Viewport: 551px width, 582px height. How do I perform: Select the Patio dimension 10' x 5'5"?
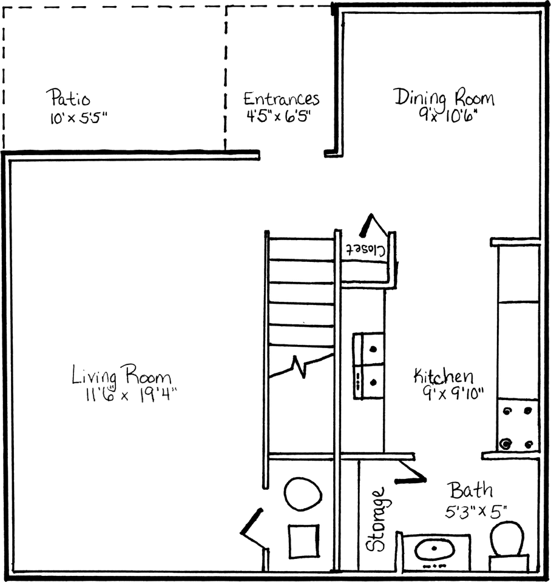click(x=79, y=117)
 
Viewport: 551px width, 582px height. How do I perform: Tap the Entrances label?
click(x=281, y=99)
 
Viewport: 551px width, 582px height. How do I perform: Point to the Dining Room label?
click(x=444, y=98)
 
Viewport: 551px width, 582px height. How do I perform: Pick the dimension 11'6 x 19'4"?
click(x=126, y=395)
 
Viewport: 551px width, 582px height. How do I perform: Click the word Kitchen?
click(x=444, y=376)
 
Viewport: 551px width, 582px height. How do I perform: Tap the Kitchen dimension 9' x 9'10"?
click(x=453, y=393)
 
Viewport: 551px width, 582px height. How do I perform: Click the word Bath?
click(x=470, y=490)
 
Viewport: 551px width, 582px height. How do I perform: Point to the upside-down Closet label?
click(x=367, y=249)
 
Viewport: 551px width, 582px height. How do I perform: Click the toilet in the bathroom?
click(x=507, y=540)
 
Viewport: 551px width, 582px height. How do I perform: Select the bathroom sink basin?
click(x=435, y=551)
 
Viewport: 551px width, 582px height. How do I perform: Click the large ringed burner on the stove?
click(x=505, y=444)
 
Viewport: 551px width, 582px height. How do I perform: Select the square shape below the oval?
click(x=302, y=539)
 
